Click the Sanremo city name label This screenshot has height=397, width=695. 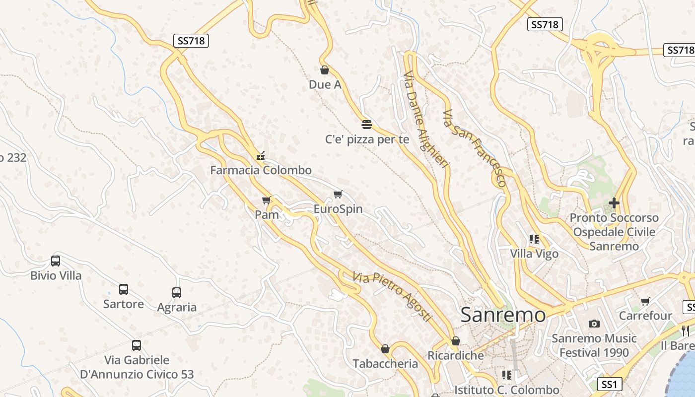pos(503,315)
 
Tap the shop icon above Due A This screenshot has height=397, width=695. pos(325,70)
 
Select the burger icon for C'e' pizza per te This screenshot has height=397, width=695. pos(367,124)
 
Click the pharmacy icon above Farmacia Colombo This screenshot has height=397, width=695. pos(261,156)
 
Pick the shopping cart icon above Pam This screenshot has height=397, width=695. pos(267,200)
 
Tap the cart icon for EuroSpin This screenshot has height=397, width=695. pos(338,194)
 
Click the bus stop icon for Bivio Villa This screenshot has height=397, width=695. pos(56,261)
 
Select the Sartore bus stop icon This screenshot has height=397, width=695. pos(124,289)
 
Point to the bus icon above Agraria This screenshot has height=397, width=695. pos(177,293)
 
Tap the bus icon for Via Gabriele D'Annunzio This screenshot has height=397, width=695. pos(137,345)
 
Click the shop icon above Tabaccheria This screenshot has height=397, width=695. pos(385,349)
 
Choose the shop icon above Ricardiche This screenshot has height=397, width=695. pos(456,341)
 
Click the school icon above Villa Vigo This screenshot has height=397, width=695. pos(534,239)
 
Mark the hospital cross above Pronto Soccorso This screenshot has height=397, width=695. pos(614,203)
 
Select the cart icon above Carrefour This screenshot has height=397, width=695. pos(645,301)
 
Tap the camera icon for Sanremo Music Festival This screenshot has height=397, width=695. pos(594,324)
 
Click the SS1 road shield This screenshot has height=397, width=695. pos(609,384)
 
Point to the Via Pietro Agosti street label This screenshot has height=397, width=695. pos(392,296)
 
